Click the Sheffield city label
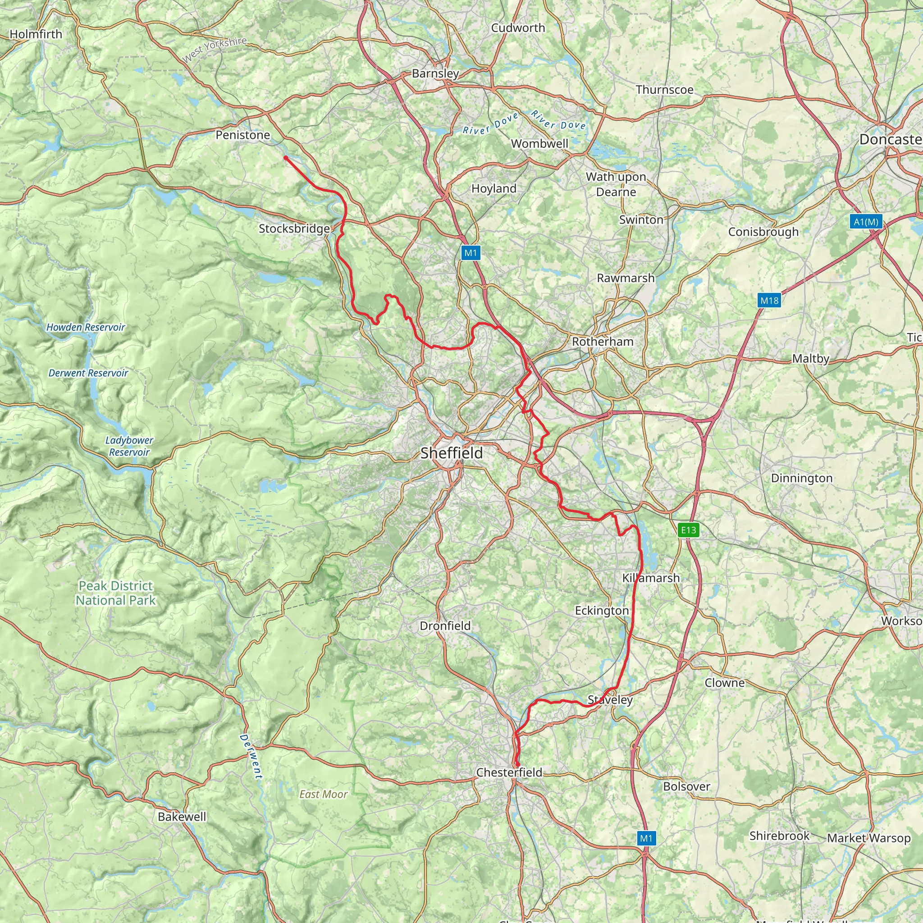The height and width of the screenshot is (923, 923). [452, 453]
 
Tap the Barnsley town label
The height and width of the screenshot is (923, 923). [435, 73]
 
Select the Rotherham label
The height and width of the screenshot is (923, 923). [603, 342]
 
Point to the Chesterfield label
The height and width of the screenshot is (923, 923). [509, 772]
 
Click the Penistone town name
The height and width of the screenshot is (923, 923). [243, 135]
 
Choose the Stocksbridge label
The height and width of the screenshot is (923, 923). [294, 229]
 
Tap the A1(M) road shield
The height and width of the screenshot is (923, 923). [866, 222]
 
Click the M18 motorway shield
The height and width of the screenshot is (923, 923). [769, 301]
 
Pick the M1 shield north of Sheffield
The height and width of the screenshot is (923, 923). [471, 253]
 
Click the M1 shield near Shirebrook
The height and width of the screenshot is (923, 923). [646, 838]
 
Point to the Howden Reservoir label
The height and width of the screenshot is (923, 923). [86, 327]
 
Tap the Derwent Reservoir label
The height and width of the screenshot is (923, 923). [88, 373]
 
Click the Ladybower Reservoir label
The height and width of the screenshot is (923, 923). [129, 446]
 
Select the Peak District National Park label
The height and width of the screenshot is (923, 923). [116, 593]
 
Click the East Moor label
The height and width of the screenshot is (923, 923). [324, 795]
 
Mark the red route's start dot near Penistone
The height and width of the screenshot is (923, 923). [286, 158]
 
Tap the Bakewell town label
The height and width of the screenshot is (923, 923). [182, 817]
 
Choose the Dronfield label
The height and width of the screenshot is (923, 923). [445, 626]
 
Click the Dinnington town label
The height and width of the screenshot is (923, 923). [802, 478]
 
